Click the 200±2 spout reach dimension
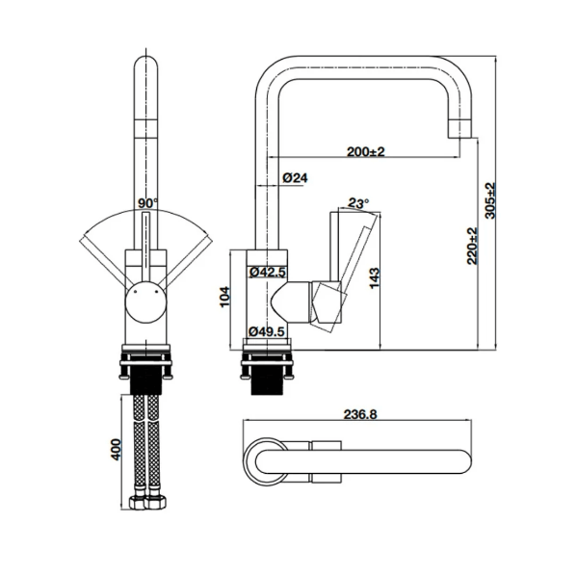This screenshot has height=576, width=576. click(366, 151)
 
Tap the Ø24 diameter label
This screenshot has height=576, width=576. click(295, 178)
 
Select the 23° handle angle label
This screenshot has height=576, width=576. click(357, 203)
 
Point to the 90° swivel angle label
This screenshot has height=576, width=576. click(147, 203)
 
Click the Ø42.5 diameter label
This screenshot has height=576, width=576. click(267, 273)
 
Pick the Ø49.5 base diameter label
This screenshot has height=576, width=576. click(267, 331)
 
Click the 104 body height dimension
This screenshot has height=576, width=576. click(224, 297)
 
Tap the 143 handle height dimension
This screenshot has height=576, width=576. click(374, 278)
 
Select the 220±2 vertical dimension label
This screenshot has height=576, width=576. click(472, 246)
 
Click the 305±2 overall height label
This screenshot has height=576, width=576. click(490, 200)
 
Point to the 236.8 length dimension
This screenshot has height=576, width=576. click(360, 414)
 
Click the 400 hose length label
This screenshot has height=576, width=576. click(116, 449)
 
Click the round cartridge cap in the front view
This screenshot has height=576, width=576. click(145, 302)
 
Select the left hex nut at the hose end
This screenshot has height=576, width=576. click(138, 502)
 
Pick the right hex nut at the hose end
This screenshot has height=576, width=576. click(156, 502)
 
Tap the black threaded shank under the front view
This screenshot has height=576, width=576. click(145, 383)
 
